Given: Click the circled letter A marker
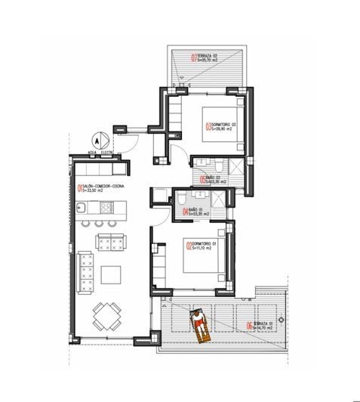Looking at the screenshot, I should pos(96,140).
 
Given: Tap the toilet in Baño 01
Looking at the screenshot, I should pos(181,199).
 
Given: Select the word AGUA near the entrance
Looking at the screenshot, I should pos(91,152).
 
